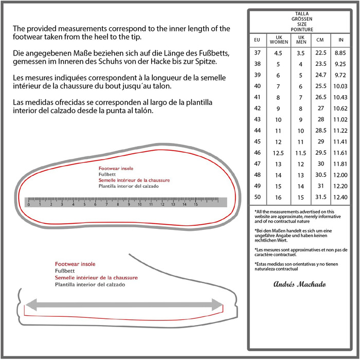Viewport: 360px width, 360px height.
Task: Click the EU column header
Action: [257, 40]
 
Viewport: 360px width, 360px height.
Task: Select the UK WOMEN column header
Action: [279, 40]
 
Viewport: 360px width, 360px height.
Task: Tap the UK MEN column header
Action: [302, 40]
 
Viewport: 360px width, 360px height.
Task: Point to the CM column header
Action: [320, 40]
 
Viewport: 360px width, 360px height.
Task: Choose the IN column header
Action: [340, 40]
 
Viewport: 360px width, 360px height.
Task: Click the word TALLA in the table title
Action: [301, 14]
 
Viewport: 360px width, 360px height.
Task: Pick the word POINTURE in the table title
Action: [301, 30]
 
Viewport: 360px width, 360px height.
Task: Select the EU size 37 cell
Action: [257, 52]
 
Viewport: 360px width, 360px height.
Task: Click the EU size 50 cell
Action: [257, 197]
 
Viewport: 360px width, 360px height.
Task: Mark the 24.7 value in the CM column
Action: [320, 75]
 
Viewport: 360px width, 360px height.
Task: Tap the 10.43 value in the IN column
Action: [340, 97]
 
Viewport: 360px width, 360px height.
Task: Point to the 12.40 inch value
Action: [340, 197]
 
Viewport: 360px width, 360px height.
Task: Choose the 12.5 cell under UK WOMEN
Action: [279, 153]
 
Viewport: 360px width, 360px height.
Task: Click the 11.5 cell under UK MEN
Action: [302, 153]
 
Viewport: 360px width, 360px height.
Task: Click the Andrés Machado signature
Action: [299, 284]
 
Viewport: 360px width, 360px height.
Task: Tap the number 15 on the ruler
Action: [196, 204]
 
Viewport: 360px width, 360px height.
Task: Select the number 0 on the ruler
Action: [28, 204]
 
